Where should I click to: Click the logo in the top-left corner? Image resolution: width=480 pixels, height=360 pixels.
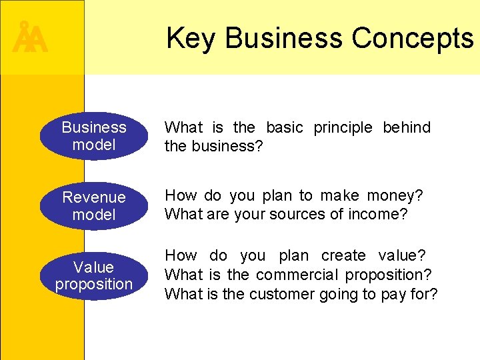coord(30,38)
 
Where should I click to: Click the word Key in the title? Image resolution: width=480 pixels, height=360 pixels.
coord(191,38)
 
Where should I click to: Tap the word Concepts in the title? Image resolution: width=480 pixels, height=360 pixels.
coord(413,38)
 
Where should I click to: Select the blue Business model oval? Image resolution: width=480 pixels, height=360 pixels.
coord(93,136)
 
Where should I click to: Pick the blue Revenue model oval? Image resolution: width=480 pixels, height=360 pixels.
coord(93,206)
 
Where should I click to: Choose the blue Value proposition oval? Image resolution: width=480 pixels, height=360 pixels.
coord(93,276)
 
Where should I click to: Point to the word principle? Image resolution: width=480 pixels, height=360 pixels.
coord(343,127)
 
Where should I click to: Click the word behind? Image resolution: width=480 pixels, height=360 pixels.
coord(407,127)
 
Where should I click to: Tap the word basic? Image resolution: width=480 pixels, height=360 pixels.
coord(284,127)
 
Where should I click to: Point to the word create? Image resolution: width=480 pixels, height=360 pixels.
coord(343,256)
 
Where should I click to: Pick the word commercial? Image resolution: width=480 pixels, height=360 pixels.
coord(297,275)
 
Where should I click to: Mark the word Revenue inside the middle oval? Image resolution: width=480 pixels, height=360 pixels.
coord(93,197)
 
